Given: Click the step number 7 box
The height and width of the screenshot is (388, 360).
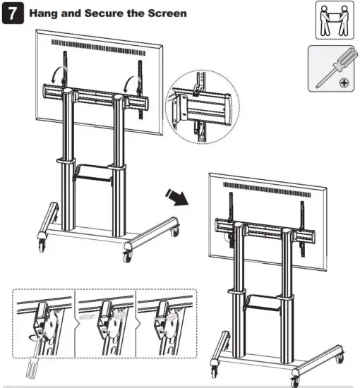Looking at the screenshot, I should (13, 14).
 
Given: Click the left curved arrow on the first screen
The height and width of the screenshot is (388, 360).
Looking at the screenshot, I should (59, 78).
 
